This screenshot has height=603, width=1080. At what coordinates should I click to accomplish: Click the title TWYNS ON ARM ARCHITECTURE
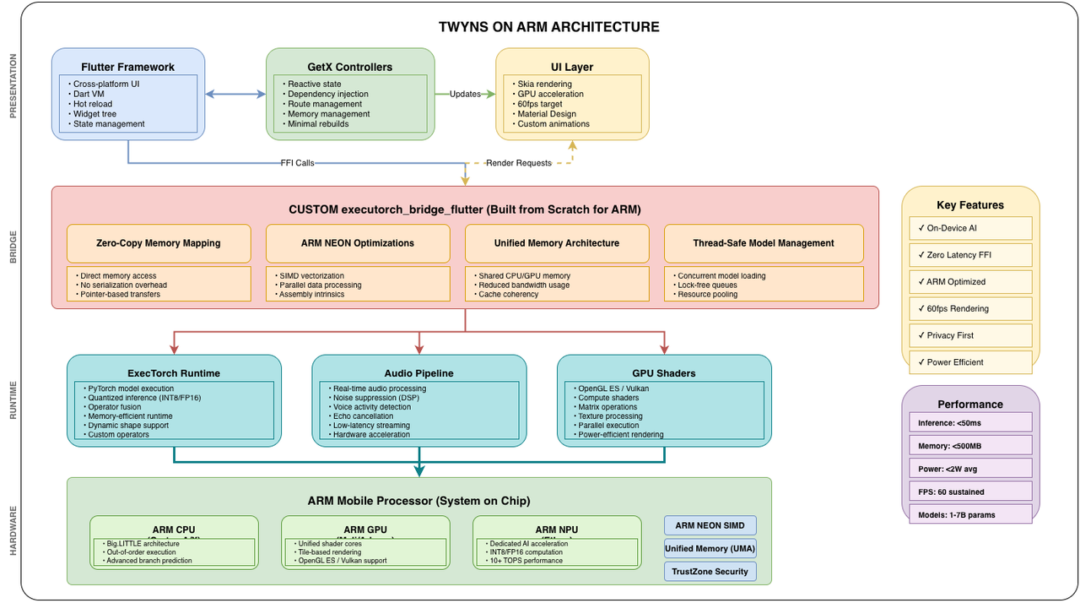(x=548, y=27)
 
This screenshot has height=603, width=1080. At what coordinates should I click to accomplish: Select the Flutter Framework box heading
(x=127, y=67)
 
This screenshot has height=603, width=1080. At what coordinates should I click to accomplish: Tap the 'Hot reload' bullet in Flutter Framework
(x=93, y=104)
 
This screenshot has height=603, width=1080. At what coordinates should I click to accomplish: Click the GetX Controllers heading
(x=349, y=67)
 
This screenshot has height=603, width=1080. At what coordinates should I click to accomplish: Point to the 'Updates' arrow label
(x=465, y=94)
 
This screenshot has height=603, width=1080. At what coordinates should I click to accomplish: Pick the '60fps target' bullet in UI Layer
(x=540, y=104)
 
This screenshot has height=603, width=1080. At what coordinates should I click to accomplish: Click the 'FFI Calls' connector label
(x=298, y=163)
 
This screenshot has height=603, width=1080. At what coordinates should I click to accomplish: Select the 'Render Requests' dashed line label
(x=518, y=163)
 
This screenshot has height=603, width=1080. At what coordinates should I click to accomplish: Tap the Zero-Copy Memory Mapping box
(x=159, y=243)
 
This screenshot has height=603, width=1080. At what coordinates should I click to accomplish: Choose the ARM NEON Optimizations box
(x=358, y=243)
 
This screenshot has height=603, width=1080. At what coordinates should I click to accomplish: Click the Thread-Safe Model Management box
(x=764, y=243)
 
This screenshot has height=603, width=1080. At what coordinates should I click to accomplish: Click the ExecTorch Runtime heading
(x=173, y=372)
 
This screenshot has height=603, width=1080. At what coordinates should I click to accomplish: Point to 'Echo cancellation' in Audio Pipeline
(x=363, y=416)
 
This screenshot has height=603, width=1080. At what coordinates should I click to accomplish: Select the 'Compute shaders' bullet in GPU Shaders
(x=608, y=398)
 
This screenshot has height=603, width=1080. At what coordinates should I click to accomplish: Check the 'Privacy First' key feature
(x=950, y=335)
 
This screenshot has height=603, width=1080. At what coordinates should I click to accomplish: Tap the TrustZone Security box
(x=710, y=572)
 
